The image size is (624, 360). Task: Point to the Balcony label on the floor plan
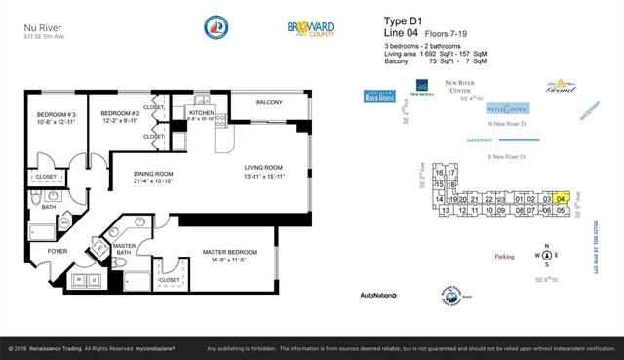pyautogui.click(x=269, y=103)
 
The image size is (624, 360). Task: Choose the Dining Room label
pyautogui.click(x=153, y=179)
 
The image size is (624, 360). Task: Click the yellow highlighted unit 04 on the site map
pyautogui.click(x=561, y=198)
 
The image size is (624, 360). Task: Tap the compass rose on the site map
pyautogui.click(x=547, y=255)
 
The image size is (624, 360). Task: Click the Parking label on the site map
pyautogui.click(x=503, y=257)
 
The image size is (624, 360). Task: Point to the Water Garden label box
pyautogui.click(x=507, y=110)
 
